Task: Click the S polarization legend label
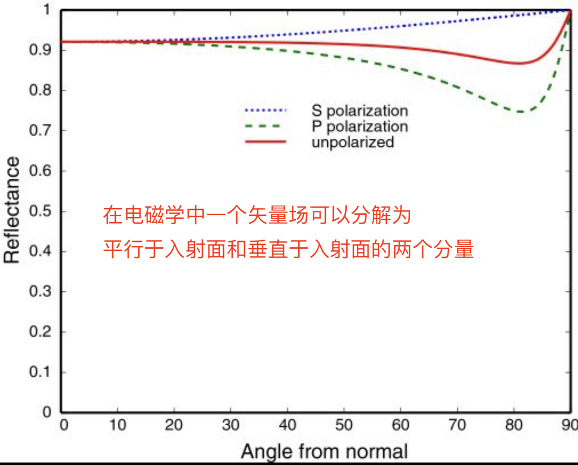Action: pos(360,111)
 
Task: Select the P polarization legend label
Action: pos(360,127)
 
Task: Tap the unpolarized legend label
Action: pos(353,142)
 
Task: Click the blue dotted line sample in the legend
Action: pos(265,110)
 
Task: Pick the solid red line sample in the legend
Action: pos(265,142)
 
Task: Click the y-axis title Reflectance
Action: pos(12,209)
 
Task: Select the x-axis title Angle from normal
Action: pos(324,451)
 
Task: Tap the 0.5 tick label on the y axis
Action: pos(40,211)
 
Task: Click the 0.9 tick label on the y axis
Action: pos(40,50)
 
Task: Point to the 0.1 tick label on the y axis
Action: pos(40,372)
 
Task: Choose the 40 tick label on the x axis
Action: pos(287,425)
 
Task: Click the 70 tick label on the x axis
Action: pos(457,425)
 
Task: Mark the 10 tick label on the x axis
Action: pos(117,425)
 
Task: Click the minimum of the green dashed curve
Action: pos(520,111)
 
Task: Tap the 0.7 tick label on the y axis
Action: pos(40,130)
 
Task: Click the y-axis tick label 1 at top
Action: pos(47,10)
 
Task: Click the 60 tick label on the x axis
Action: pos(401,425)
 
